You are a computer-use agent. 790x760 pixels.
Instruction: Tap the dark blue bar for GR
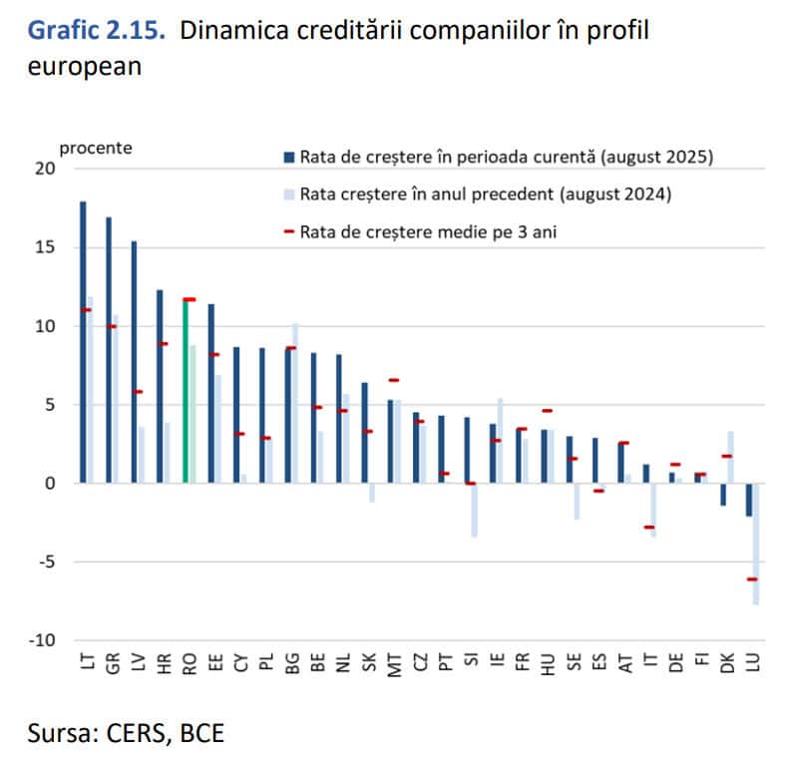point(109,349)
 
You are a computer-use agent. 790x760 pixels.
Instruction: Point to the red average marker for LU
point(752,579)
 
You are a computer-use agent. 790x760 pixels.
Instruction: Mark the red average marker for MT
point(393,380)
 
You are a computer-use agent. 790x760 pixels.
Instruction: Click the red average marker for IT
point(649,527)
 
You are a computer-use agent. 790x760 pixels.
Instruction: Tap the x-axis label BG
point(291,663)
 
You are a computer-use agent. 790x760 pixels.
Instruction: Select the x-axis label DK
point(727,663)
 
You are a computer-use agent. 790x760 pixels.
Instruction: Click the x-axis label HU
point(547,663)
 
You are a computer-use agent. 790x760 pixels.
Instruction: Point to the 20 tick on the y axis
point(46,169)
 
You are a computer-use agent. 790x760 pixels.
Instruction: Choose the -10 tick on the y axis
point(42,640)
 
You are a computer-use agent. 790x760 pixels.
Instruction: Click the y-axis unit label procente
point(96,148)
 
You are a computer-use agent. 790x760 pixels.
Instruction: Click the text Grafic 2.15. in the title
point(97,31)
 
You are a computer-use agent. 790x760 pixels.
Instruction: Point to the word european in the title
point(85,67)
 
